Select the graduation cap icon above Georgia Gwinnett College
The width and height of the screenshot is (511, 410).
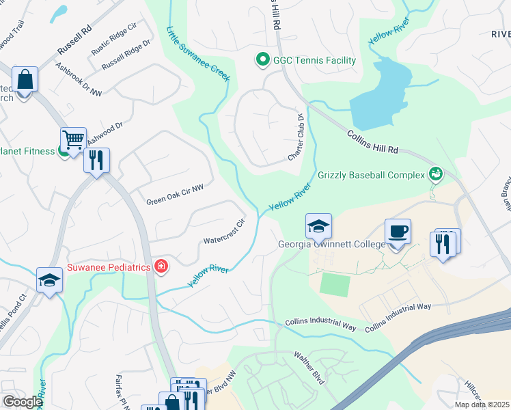pos(318,225)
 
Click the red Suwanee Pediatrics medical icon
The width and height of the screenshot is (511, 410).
pos(161,266)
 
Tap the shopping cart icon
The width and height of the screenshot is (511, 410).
pos(73,139)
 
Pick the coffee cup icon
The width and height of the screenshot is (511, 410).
pos(398,231)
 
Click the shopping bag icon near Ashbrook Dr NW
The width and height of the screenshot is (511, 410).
pos(25,79)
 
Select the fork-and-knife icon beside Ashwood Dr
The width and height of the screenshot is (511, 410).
pos(96,161)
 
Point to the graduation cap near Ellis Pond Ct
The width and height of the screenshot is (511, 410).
pos(49,279)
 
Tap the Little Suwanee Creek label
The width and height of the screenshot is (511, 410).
pos(198,53)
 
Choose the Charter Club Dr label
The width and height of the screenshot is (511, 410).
pos(296,137)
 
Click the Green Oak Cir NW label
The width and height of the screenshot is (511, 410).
pos(176,195)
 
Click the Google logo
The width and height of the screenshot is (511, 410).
pos(22,402)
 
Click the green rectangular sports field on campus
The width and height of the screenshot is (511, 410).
pos(334,284)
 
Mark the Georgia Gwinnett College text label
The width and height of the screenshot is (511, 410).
pos(331,245)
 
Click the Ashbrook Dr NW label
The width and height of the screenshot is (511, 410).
pos(79,81)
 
